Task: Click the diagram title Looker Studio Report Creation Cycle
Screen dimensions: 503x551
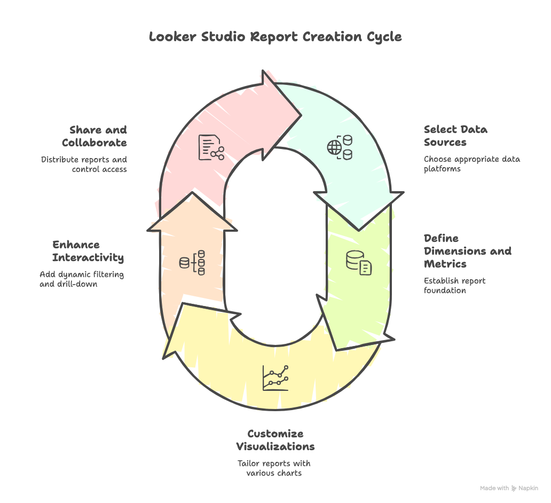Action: [275, 37]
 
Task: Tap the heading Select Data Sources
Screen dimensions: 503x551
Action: [455, 136]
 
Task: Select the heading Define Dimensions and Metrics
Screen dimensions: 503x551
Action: [467, 251]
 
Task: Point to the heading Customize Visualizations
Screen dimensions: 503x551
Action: [275, 439]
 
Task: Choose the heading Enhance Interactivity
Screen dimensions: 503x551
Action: [88, 251]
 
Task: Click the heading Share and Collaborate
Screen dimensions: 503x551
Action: [95, 136]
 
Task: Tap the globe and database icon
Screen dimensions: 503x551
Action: [340, 147]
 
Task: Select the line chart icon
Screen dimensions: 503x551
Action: [275, 378]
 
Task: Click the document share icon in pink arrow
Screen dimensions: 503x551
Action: [211, 147]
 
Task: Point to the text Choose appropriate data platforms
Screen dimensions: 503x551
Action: [471, 164]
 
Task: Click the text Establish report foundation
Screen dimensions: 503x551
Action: [454, 286]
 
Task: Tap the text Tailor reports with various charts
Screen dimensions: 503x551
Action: [274, 468]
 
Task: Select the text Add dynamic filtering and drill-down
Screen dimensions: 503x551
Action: [82, 279]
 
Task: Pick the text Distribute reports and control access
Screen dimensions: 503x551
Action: [84, 164]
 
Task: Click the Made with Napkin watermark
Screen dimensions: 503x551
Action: [509, 488]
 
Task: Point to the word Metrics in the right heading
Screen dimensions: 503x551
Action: [445, 264]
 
